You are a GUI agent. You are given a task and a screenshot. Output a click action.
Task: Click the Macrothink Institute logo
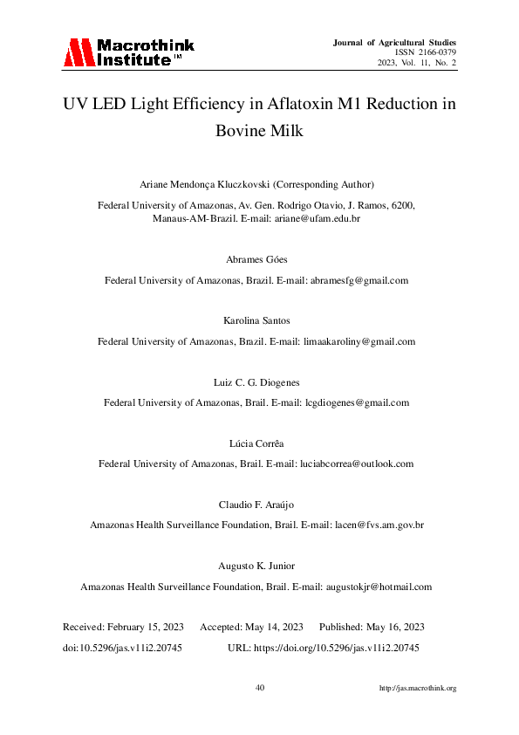tap(128, 52)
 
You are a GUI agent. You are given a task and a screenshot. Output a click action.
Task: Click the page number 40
tap(260, 688)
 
